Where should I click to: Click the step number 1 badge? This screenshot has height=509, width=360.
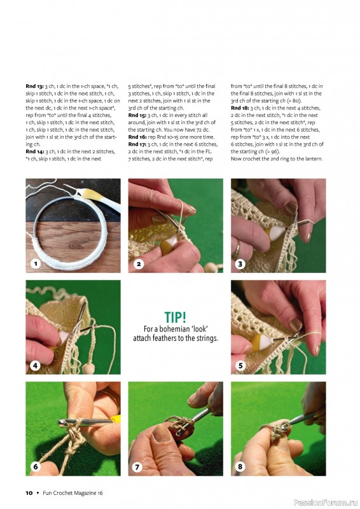click(x=36, y=263)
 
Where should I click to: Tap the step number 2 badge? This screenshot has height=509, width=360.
click(x=138, y=263)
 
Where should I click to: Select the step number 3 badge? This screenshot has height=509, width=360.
click(x=240, y=263)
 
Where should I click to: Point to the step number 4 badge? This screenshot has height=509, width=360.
click(x=36, y=365)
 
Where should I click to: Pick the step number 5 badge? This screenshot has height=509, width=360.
click(x=240, y=365)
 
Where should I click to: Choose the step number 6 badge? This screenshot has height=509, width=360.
click(x=36, y=467)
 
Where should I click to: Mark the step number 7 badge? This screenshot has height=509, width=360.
click(x=137, y=467)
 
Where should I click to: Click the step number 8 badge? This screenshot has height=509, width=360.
click(x=240, y=467)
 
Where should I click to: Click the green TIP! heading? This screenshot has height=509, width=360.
click(x=176, y=317)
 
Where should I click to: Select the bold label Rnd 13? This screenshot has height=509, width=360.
click(x=34, y=87)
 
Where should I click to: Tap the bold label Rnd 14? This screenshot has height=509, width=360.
click(x=34, y=151)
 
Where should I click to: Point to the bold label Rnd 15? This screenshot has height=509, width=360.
click(x=137, y=115)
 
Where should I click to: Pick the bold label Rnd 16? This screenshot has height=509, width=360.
click(x=137, y=137)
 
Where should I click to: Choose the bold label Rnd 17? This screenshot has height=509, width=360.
click(x=137, y=144)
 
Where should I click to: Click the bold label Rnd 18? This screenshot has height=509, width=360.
click(x=240, y=108)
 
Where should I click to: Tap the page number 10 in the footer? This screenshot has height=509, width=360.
click(x=29, y=492)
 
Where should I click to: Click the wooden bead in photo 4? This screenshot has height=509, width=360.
click(x=88, y=368)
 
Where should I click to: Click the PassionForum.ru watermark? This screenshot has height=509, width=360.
click(x=326, y=503)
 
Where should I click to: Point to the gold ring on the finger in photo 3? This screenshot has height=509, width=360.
click(x=238, y=249)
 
